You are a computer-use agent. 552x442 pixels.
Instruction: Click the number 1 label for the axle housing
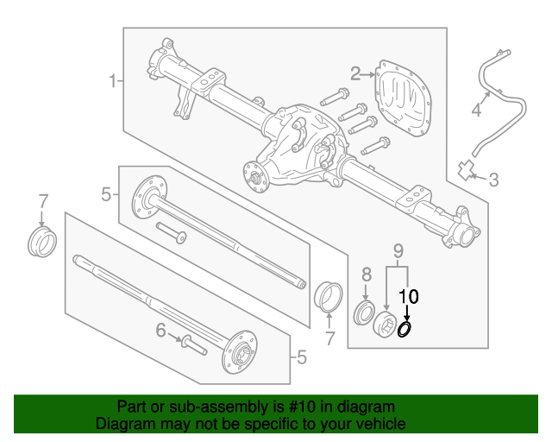point(112,81)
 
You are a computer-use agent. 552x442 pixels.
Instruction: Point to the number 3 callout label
point(494,180)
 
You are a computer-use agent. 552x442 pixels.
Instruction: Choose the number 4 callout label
point(475,110)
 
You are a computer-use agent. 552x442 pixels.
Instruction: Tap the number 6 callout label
point(160,330)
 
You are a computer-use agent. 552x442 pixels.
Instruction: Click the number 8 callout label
point(366,274)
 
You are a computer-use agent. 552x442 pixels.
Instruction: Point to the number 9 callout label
point(398,251)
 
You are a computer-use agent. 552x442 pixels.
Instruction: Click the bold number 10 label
point(407,296)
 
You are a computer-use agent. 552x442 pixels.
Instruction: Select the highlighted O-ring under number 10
point(405,329)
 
